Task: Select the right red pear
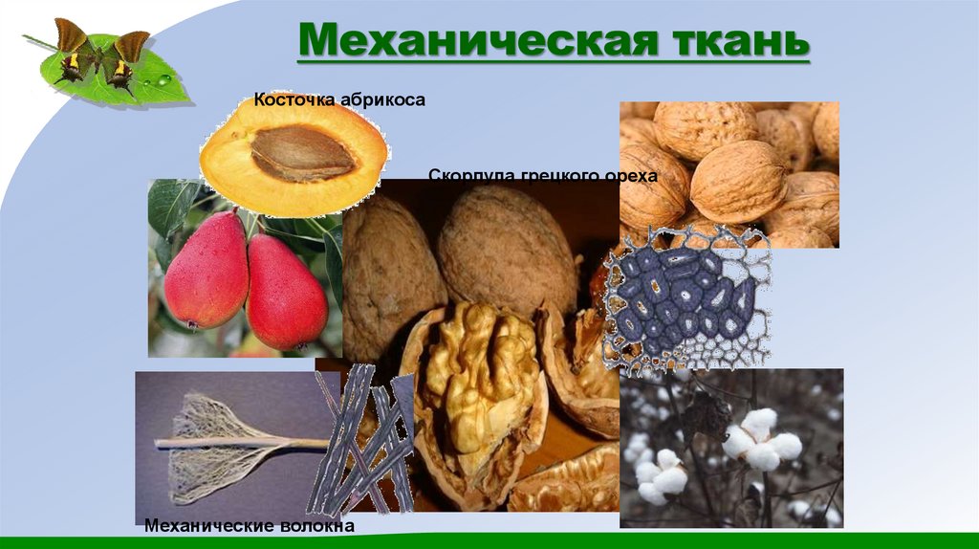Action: coord(286,292)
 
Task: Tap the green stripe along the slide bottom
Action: coord(489,541)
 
